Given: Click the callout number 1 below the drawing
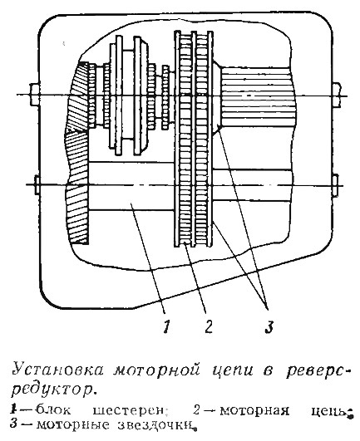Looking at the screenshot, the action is (166, 326).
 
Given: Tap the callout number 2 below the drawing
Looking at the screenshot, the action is (209, 326).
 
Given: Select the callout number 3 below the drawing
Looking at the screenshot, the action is (269, 326).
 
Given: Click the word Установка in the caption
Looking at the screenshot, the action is (58, 370).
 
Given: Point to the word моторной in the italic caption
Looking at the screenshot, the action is (156, 370).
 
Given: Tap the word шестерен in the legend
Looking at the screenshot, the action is (128, 411).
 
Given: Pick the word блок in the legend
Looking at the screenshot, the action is (53, 410).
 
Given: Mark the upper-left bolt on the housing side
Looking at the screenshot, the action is (35, 95).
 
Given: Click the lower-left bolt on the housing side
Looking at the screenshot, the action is (37, 184).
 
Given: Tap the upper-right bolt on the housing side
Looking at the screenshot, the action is (337, 95).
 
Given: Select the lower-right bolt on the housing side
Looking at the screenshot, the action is (335, 185).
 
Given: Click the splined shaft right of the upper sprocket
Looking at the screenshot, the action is (259, 96).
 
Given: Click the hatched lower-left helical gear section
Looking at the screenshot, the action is (77, 188).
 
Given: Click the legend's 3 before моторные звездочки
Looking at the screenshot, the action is (13, 424).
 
